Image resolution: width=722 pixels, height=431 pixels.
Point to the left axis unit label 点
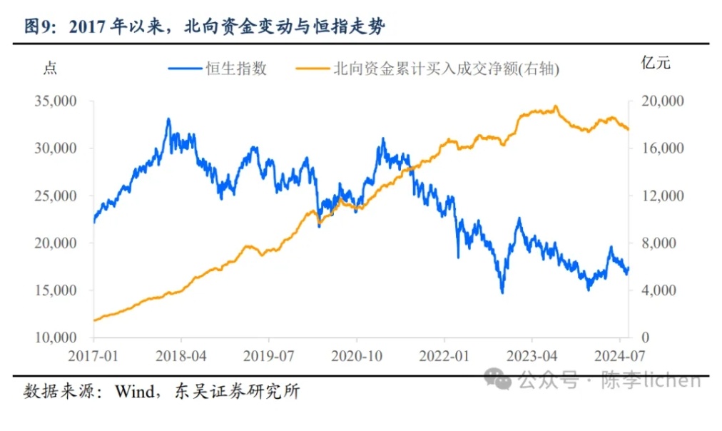[49, 68]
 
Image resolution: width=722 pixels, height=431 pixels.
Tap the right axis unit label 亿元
[656, 63]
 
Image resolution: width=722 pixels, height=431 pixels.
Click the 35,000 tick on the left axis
[55, 101]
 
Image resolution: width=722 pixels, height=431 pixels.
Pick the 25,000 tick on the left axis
[55, 196]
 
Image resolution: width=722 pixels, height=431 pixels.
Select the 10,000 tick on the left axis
[55, 338]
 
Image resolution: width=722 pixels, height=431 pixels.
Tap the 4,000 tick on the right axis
[660, 290]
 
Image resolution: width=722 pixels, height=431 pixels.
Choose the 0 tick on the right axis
[646, 338]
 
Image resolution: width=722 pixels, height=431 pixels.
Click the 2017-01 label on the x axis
[94, 355]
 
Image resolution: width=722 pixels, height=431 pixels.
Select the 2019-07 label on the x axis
[269, 355]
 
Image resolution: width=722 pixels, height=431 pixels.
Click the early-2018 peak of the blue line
[168, 119]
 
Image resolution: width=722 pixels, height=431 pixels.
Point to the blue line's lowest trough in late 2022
[502, 292]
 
